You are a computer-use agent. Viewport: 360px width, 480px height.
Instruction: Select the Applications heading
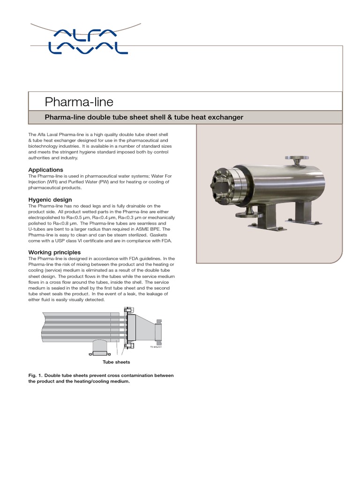tap(46, 170)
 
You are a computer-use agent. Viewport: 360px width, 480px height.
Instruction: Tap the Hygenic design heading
tap(50, 200)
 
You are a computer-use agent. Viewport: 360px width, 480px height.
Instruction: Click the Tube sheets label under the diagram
tap(117, 362)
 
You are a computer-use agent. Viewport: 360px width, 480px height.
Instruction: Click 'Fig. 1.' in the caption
tap(36, 375)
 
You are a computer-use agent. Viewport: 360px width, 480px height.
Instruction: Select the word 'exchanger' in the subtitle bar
tap(227, 117)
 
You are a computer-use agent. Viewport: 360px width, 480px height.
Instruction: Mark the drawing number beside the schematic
tap(156, 348)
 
